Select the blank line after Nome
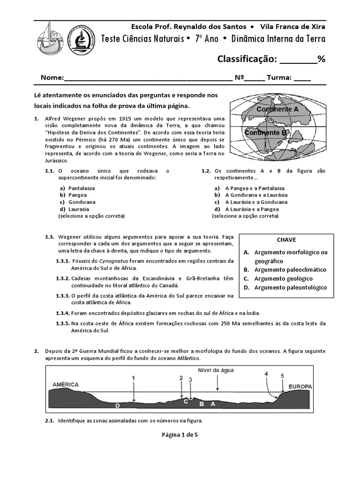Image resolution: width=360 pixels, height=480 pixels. (148, 78)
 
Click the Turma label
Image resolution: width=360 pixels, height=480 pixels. (279, 78)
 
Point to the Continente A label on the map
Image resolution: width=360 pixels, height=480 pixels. (277, 109)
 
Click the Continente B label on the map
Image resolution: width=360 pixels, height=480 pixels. (265, 133)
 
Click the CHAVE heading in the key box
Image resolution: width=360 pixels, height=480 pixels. (286, 240)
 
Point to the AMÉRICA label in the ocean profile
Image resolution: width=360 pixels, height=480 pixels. (65, 384)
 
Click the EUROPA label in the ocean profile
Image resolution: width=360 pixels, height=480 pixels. (300, 387)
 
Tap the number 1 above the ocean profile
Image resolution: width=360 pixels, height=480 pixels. (133, 378)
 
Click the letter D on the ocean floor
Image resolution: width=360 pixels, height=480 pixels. (118, 405)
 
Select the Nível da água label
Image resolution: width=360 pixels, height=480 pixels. (216, 370)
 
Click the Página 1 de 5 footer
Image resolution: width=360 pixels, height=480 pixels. (180, 435)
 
